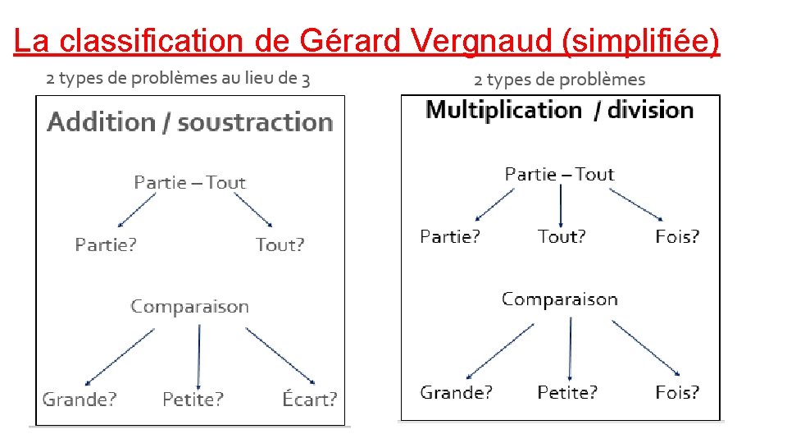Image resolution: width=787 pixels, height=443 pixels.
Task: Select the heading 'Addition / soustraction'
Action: coord(190,122)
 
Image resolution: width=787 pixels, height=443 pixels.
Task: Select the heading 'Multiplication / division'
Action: coord(560,110)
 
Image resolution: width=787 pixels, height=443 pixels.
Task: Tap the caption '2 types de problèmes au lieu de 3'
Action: coord(178,79)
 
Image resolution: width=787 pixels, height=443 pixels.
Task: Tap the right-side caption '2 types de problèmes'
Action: coord(559,80)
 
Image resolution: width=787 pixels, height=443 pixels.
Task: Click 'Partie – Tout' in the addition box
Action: coord(189,182)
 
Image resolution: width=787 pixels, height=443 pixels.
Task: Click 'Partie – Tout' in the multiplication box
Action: coord(559,174)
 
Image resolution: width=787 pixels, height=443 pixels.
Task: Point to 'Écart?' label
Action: coord(309,400)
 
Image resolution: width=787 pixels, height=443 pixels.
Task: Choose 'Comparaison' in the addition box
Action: coord(189,307)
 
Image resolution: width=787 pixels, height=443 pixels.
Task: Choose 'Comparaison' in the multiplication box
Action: coord(559,299)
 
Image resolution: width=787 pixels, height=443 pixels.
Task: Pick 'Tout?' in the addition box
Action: coord(280,244)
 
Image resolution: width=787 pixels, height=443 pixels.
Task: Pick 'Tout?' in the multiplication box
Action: coord(562,237)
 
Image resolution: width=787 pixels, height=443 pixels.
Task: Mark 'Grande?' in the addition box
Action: coord(80,400)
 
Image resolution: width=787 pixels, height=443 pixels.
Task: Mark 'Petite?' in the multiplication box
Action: coord(567,393)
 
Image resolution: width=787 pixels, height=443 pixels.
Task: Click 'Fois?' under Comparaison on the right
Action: coord(677,393)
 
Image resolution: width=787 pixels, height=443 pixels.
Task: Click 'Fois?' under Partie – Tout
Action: coord(677,237)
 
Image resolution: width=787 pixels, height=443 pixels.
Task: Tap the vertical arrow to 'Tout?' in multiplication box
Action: coord(561,205)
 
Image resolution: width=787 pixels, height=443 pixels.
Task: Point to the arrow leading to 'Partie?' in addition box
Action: coord(136,210)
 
